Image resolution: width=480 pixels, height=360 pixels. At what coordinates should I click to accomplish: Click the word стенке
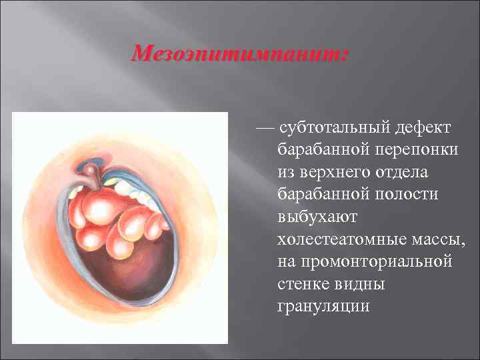(301, 284)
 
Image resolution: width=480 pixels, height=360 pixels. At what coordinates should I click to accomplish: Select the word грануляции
(322, 307)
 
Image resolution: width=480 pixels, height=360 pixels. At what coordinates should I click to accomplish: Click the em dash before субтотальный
(265, 126)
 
